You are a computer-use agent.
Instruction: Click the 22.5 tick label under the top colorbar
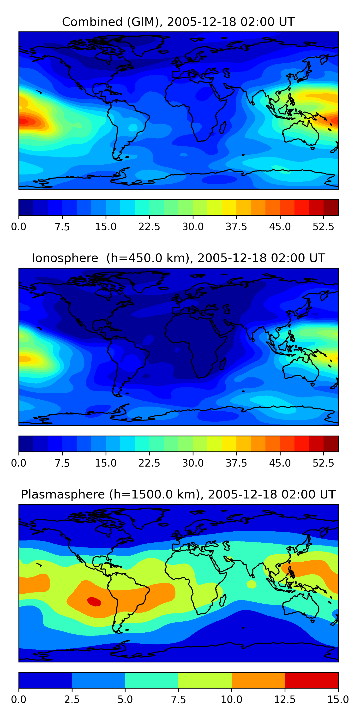[x=149, y=227]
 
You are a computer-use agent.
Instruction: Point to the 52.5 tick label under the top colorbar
[x=323, y=227]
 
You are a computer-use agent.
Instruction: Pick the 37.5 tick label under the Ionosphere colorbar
[x=236, y=463]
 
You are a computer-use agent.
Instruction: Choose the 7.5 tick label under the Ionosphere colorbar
[x=62, y=463]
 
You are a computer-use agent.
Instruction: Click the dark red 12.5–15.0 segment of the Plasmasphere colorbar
[x=311, y=680]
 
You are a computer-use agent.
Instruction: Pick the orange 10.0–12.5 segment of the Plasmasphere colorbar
[x=258, y=680]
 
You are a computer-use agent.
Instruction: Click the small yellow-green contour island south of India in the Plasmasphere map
[x=252, y=584]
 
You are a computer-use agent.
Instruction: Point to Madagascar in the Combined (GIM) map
[x=223, y=127]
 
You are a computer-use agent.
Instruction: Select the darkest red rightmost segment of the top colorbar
[x=331, y=207]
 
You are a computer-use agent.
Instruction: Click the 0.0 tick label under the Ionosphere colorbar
[x=19, y=463]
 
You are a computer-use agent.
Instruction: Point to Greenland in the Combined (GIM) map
[x=145, y=45]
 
